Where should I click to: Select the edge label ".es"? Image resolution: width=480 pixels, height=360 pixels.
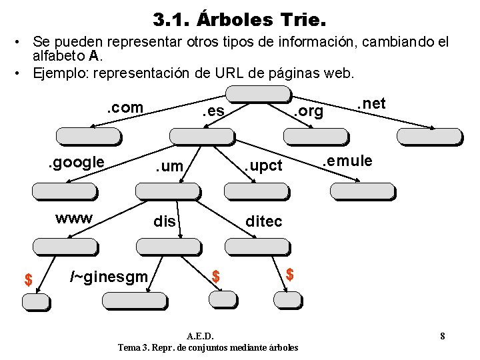[213, 112]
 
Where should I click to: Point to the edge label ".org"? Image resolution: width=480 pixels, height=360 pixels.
[309, 112]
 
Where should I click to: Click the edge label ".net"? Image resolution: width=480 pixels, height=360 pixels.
[371, 103]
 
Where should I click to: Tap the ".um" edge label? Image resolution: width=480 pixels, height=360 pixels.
[169, 166]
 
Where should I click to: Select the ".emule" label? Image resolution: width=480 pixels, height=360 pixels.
[346, 161]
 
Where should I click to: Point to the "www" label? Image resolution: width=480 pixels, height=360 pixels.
[74, 218]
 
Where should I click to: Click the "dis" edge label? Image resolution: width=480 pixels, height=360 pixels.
[164, 221]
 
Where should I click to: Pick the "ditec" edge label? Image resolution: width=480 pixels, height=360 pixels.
[263, 221]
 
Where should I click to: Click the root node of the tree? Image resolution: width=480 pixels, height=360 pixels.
[249, 95]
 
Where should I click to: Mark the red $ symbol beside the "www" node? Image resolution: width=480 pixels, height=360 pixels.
[28, 280]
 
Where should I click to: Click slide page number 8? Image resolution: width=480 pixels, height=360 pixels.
[442, 335]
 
